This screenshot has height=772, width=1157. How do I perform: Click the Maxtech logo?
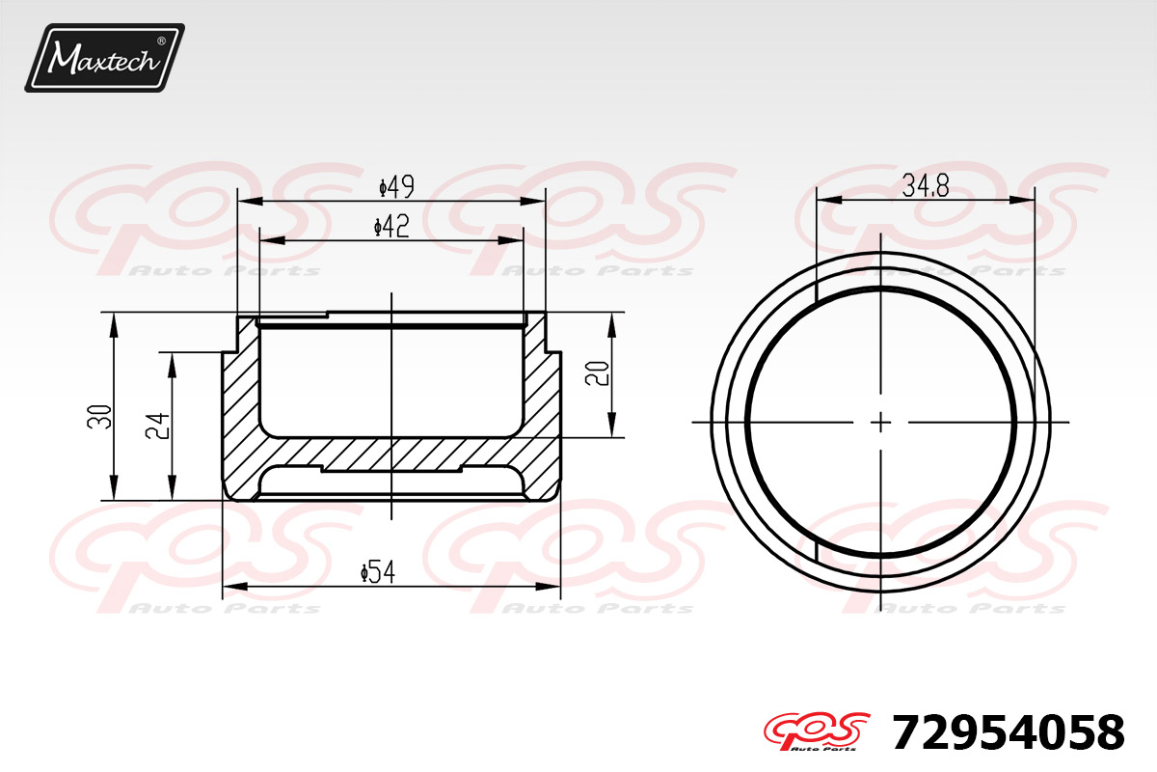(104, 58)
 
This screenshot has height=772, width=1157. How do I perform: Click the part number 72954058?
(1008, 733)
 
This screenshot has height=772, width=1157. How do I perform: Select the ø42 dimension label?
(391, 227)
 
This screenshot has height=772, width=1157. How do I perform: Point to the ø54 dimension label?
(379, 572)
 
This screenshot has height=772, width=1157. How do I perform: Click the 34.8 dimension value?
(926, 186)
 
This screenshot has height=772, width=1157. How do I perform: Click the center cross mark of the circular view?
(881, 422)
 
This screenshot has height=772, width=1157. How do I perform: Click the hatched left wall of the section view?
(240, 415)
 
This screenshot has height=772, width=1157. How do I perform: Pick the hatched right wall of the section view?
(541, 415)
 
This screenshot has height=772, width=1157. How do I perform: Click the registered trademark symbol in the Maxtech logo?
(161, 41)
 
